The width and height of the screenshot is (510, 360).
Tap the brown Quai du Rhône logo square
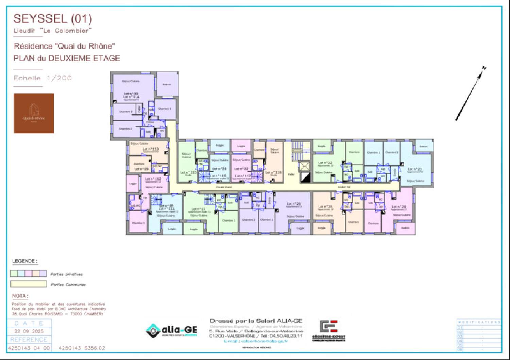click(34, 113)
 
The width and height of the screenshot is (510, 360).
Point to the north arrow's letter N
click(484, 68)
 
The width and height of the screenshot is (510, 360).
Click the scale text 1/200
click(59, 78)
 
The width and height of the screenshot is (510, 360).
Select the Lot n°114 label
click(131, 97)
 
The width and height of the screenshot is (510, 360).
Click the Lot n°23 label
click(414, 169)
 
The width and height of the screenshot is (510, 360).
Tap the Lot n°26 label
click(293, 204)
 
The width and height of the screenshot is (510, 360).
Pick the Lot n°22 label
click(325, 163)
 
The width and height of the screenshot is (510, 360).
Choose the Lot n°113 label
click(150, 149)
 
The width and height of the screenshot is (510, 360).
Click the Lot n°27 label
click(198, 209)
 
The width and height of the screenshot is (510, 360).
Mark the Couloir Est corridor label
click(344, 187)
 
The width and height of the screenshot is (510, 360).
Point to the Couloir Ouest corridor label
click(224, 187)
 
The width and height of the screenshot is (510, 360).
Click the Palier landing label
click(291, 174)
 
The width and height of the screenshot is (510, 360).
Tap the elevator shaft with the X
click(304, 166)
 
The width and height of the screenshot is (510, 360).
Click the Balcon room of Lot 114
click(167, 84)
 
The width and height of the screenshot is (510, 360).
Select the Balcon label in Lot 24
click(405, 228)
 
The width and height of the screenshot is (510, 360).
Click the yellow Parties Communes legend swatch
click(29, 284)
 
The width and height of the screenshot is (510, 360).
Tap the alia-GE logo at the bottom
click(172, 330)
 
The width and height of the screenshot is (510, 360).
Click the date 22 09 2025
click(29, 331)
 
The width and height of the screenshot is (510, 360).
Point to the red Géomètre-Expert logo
click(328, 327)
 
